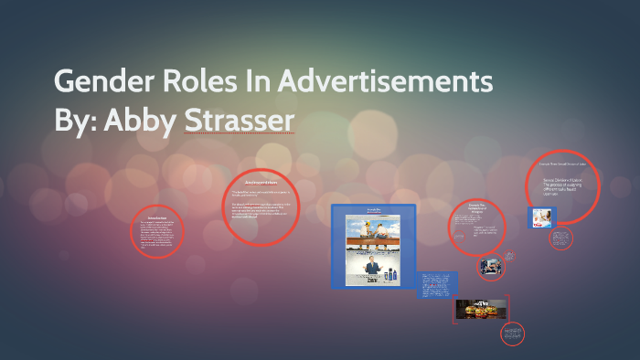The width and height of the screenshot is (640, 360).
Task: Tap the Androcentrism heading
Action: [260, 183]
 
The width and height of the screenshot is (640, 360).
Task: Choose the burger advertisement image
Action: [481, 310]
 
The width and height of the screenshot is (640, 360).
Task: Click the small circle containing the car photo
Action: [490, 267]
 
